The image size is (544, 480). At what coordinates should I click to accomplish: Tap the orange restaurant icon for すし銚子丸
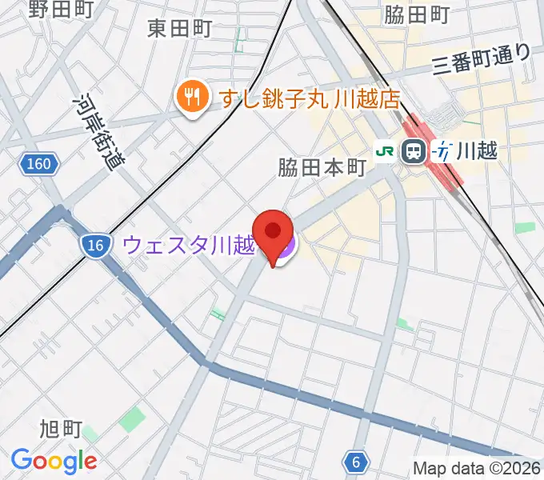(x=191, y=98)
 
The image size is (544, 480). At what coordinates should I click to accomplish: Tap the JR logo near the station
(x=386, y=150)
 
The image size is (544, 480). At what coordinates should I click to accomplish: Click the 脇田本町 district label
(x=322, y=168)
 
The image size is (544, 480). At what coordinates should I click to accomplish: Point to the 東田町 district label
(x=180, y=29)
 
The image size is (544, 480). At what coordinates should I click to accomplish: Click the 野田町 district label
(x=60, y=10)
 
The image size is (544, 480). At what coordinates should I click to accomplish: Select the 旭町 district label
(x=61, y=430)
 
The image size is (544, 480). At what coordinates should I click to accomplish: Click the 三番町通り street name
(x=481, y=59)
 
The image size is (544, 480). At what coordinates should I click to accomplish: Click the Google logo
(x=54, y=461)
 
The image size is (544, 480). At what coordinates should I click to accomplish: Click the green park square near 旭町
(x=133, y=418)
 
